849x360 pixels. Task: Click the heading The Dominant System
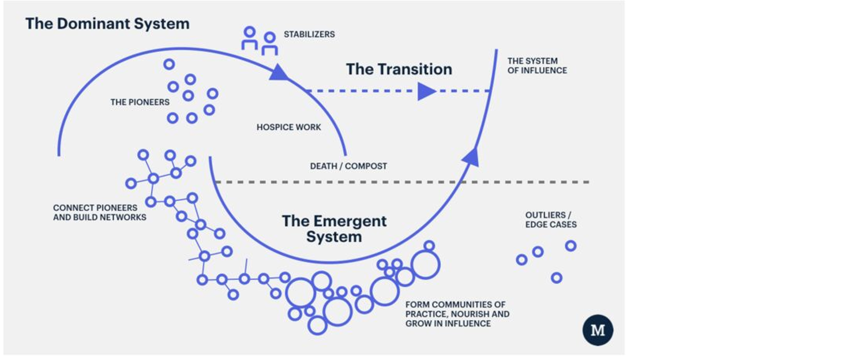[x=107, y=24]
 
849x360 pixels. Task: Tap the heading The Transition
[x=399, y=69]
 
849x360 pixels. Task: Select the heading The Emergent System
[x=335, y=228]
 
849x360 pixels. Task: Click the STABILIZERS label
[x=309, y=34]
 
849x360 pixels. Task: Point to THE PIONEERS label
[x=140, y=102]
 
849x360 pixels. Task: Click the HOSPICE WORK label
[x=289, y=127]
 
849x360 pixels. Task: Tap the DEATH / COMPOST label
[x=349, y=166]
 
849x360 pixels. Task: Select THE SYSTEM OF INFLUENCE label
[x=537, y=66]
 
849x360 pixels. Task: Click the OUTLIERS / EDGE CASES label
[x=551, y=220]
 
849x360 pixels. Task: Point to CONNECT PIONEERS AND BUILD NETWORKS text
[x=100, y=212]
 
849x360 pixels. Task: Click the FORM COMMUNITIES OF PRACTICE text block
[x=457, y=314]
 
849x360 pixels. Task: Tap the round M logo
[x=598, y=330]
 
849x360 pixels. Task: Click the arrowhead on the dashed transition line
[x=427, y=91]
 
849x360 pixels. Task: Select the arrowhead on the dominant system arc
[x=279, y=72]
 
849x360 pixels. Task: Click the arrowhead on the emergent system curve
[x=471, y=157]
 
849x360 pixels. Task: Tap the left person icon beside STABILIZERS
[x=249, y=38]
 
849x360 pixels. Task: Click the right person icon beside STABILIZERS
[x=270, y=44]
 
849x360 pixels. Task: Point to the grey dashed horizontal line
[x=402, y=182]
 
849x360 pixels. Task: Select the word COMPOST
[x=366, y=166]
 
